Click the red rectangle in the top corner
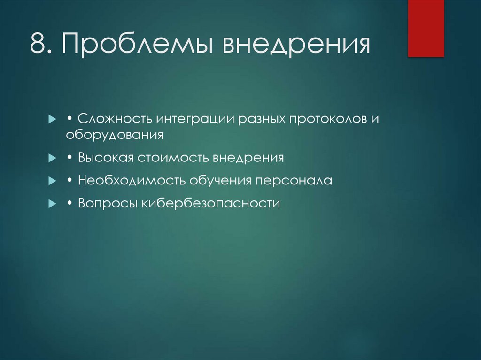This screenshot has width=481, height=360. [426, 28]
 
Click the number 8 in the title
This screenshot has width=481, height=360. [38, 44]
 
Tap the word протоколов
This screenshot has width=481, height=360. [326, 119]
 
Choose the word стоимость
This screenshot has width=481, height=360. [174, 158]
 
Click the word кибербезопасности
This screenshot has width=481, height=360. [211, 204]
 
